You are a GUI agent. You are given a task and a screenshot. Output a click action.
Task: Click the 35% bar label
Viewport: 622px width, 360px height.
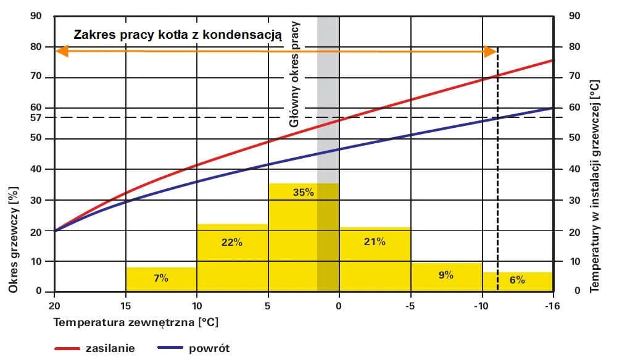[304, 192]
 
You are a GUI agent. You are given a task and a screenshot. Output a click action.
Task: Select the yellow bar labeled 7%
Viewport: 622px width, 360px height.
[161, 279]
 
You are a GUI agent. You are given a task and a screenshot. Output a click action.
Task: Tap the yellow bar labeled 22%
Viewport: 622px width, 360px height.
[232, 257]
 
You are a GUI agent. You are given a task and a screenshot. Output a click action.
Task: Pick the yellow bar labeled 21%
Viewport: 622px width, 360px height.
[375, 259]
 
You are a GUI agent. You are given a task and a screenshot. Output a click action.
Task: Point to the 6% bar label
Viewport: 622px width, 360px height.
[517, 280]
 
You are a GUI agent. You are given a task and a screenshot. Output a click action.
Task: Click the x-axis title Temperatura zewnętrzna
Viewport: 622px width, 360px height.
[136, 322]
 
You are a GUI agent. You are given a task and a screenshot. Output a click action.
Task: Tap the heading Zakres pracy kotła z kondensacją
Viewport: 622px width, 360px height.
[178, 35]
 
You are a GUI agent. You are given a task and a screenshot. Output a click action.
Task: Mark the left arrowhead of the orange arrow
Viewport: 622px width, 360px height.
[60, 51]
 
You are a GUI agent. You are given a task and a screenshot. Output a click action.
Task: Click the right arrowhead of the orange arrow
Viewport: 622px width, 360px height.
[491, 51]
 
